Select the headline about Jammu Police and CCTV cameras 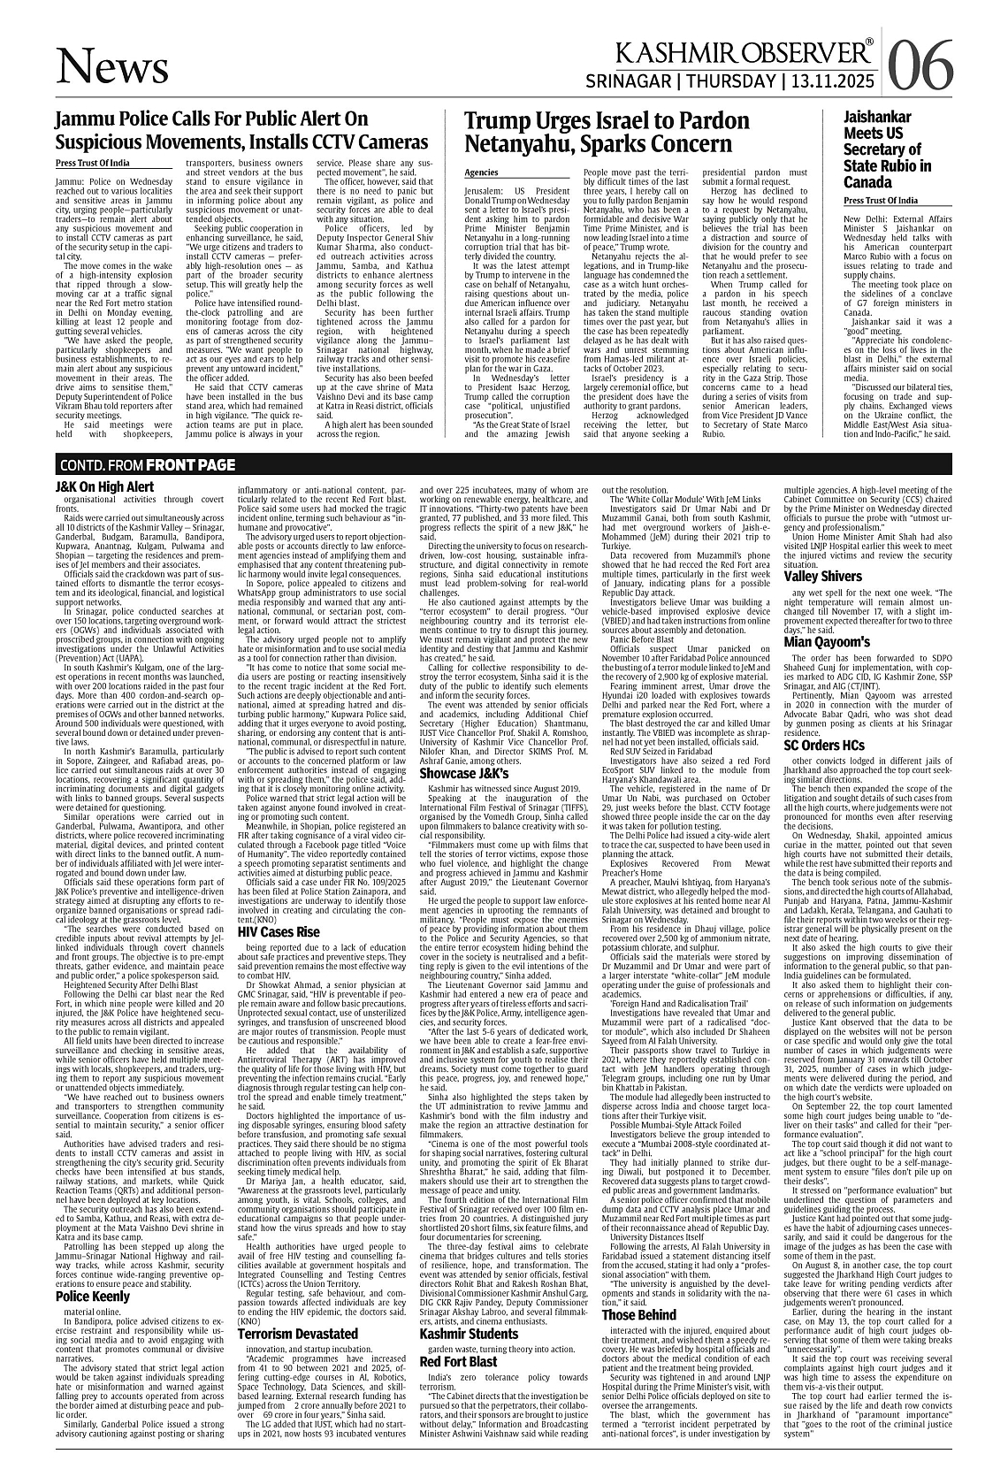tap(241, 131)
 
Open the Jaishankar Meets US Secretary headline tap(887, 149)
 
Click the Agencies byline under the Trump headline tap(481, 172)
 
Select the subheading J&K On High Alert tap(104, 486)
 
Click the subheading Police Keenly tap(92, 1297)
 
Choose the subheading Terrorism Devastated tap(297, 1334)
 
